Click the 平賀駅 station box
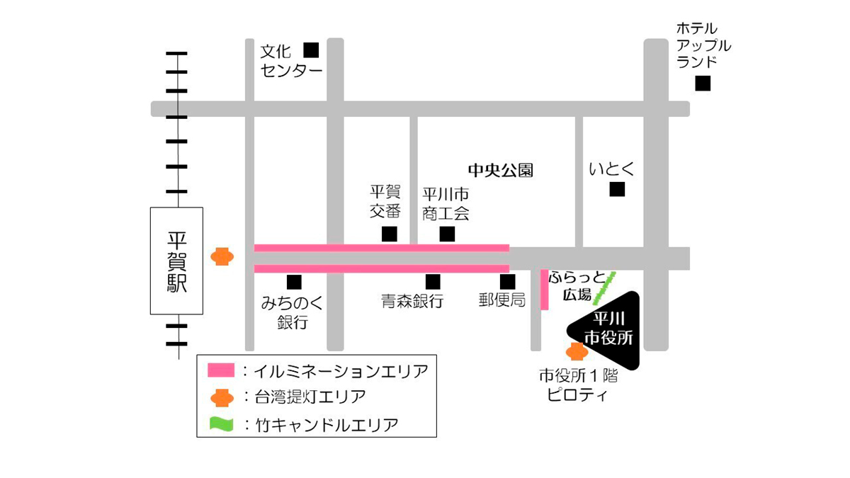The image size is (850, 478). point(176,261)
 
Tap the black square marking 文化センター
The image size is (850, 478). point(311,50)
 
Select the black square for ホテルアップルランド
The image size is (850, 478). point(702,84)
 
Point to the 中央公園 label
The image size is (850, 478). point(500,170)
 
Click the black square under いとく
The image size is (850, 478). point(618,189)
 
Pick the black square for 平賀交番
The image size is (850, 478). point(389,234)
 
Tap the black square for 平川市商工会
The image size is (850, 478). point(447,234)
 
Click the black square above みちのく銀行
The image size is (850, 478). point(294,282)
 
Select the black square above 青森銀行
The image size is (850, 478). point(433,282)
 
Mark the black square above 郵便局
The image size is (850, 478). point(507,282)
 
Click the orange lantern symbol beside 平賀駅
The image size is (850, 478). point(222,256)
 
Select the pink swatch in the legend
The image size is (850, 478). point(221,370)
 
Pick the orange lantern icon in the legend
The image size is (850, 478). point(222,397)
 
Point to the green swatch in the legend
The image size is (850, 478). point(221,424)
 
